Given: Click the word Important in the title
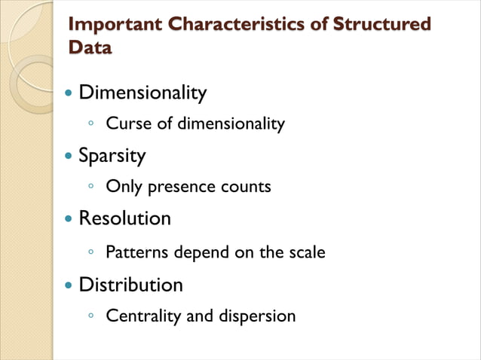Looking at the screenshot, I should point(115,24).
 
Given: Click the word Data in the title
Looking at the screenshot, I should point(90,47).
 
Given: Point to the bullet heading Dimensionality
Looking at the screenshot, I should point(142,93).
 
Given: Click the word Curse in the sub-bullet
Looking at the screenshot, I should point(129,124).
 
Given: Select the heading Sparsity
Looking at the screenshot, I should point(112,156).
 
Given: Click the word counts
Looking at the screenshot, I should point(245,187).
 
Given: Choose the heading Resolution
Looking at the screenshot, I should point(125,219).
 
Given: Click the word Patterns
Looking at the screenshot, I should point(137,252).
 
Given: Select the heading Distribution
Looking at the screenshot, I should point(131,285).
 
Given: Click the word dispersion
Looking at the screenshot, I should point(257,316).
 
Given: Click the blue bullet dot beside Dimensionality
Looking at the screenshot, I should point(70,95).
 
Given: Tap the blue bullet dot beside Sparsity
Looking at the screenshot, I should point(70,157).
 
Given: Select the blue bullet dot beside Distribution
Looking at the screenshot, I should point(70,287).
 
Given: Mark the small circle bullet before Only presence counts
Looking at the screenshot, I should point(90,185).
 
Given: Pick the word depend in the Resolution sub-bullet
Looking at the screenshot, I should point(199,252).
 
